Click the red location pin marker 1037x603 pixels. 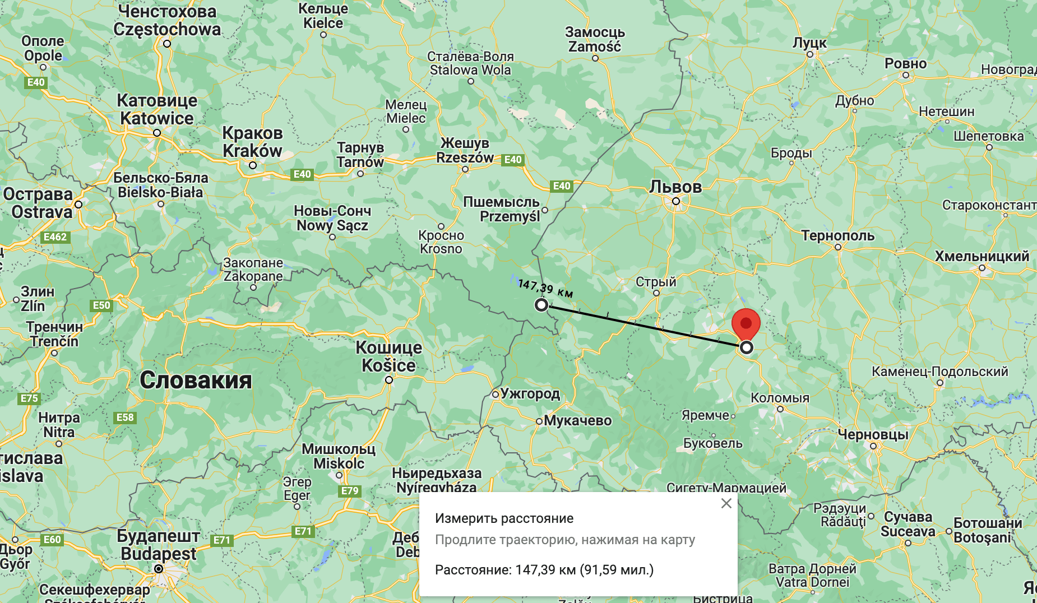(746, 324)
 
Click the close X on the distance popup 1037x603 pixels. (726, 503)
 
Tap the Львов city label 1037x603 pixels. (675, 187)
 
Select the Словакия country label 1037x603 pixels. (196, 381)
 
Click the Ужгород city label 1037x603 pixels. (530, 393)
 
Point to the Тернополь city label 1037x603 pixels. (837, 236)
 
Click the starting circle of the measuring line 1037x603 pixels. (541, 305)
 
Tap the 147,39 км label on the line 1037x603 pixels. (545, 289)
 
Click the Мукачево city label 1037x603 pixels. (577, 420)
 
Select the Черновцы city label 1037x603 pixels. (873, 434)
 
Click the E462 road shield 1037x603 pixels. (55, 237)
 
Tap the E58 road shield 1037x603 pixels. (125, 418)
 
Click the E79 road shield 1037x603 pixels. (350, 491)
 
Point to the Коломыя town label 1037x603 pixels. (780, 398)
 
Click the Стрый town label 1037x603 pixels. (656, 282)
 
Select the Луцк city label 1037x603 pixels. (809, 43)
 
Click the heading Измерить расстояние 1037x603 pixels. (504, 518)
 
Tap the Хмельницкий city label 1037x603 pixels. (982, 256)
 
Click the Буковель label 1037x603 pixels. (712, 443)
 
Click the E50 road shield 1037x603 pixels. (101, 305)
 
